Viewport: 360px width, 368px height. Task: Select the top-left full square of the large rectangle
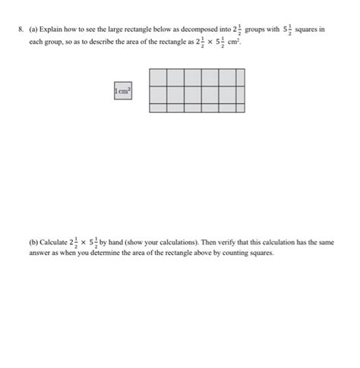tap(158, 77)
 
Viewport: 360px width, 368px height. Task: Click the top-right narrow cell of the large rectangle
tap(241, 77)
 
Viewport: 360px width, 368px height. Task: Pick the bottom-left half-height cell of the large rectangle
tap(158, 108)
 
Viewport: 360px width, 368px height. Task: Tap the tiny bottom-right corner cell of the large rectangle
tap(241, 108)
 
